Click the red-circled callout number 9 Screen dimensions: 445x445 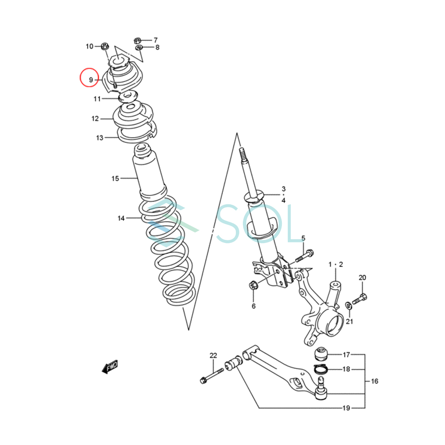(91, 80)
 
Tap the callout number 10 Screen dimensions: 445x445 (89, 46)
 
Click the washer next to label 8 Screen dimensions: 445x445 (139, 48)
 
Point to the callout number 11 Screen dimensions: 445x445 (97, 99)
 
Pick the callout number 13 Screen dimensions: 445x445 (99, 138)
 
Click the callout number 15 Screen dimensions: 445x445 (115, 178)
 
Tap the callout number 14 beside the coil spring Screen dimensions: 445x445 (121, 218)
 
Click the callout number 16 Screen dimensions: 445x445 (375, 381)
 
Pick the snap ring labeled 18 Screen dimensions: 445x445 (321, 369)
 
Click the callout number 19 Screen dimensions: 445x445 (346, 408)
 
